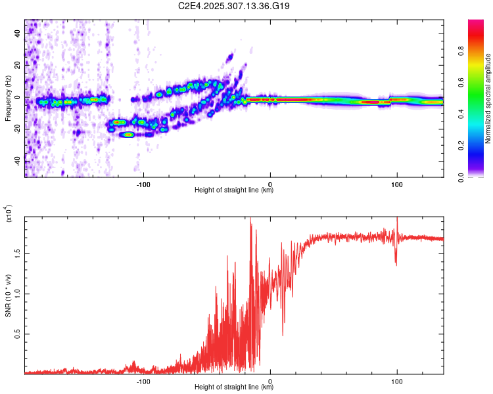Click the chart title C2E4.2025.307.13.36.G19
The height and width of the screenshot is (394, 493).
click(235, 6)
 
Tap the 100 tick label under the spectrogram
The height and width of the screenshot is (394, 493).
click(396, 184)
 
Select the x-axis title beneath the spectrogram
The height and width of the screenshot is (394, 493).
click(234, 190)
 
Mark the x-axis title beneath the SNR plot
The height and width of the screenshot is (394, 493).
click(234, 387)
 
